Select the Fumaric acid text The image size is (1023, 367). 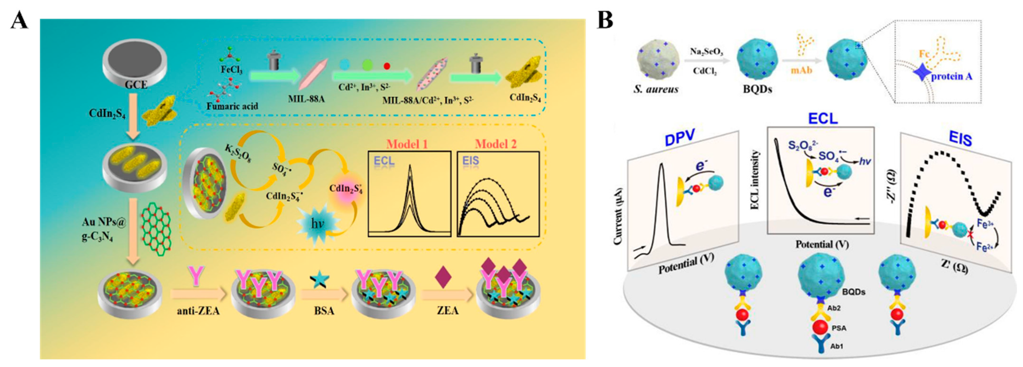tap(232, 106)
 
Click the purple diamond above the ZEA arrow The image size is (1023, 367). tap(444, 277)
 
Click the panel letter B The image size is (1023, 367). tap(605, 21)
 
